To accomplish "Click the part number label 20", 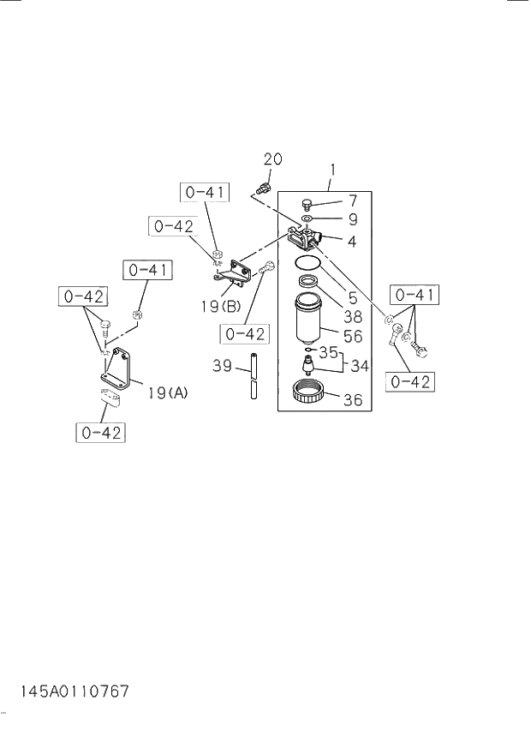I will (272, 159).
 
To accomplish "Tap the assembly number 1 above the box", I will (331, 171).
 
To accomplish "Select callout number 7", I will (352, 201).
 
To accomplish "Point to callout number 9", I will (352, 219).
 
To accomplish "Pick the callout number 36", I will (352, 399).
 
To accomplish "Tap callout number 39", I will (222, 366).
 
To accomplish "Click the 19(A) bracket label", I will (167, 393).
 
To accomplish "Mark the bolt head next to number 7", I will (307, 204).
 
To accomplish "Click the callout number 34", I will (359, 366).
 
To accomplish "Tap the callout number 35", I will (329, 351).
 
